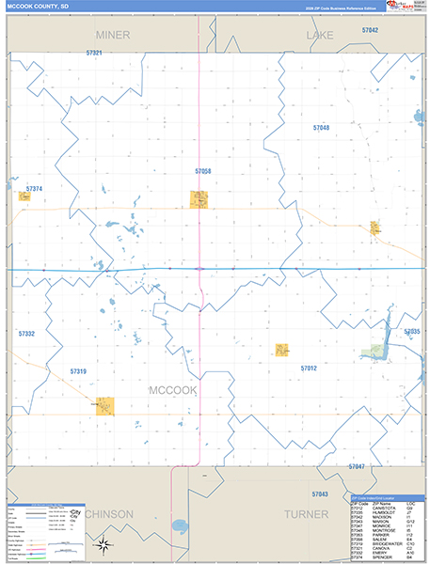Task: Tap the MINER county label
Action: (x=112, y=34)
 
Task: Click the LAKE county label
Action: (x=319, y=34)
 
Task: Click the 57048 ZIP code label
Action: (x=322, y=127)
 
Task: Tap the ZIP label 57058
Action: (x=203, y=171)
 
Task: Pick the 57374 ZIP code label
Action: (x=34, y=189)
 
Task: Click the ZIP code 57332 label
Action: (x=26, y=333)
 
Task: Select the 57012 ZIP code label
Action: (x=309, y=368)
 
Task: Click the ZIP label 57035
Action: (x=412, y=332)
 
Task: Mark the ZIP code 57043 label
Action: (x=319, y=493)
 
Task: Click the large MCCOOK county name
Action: (x=172, y=389)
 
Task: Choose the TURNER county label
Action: (x=306, y=515)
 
